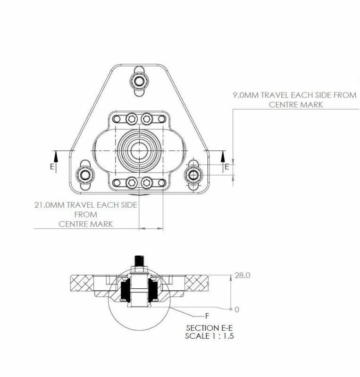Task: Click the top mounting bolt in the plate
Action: (140, 81)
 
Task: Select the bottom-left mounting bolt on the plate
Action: (85, 176)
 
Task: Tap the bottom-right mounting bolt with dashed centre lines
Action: (193, 175)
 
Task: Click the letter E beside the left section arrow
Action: (52, 167)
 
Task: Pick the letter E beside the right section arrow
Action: (227, 167)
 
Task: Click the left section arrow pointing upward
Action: (56, 158)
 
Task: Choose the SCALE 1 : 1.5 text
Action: (210, 336)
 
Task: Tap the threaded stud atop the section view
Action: (140, 260)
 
